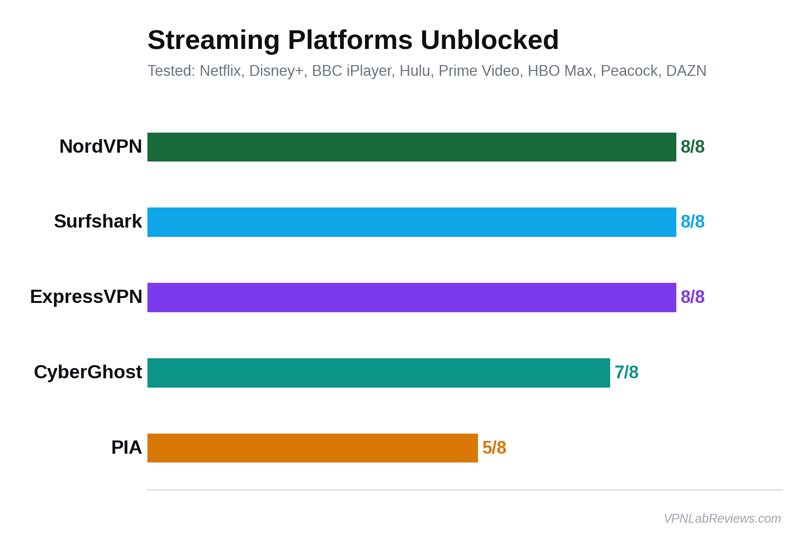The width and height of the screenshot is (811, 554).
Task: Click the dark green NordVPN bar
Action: pos(411,147)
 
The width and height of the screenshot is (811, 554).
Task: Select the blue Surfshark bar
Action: pos(411,222)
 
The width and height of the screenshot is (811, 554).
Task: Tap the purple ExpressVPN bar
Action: pos(411,298)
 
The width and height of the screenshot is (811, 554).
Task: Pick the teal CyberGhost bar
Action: pos(379,373)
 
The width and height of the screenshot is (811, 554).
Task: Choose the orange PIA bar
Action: pos(312,448)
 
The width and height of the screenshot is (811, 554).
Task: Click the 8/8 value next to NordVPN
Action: pos(692,147)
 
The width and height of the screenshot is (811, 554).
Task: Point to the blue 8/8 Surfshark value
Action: pos(692,222)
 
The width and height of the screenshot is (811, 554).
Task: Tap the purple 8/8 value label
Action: pos(692,297)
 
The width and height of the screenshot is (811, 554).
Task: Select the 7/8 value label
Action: pos(626,372)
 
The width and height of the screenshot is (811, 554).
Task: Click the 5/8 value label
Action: pos(494,448)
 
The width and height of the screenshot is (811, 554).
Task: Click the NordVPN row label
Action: pos(100,146)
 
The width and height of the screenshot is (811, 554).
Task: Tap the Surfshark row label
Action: pos(98,222)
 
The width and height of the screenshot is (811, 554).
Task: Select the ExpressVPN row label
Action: pos(86,297)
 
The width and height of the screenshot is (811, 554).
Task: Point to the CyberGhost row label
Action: pos(88,372)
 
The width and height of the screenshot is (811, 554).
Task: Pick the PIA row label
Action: pos(126,447)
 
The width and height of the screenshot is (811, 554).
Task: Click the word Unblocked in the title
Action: pos(489,40)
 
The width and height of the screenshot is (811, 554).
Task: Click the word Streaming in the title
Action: pos(214,40)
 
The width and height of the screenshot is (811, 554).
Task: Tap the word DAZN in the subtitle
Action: pos(686,71)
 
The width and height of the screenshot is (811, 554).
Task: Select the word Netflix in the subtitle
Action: pos(220,71)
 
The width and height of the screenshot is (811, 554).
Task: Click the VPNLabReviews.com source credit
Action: pos(722,518)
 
